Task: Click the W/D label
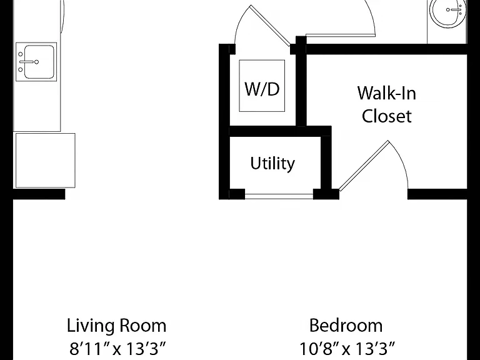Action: (262, 89)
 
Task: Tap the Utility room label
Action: (272, 164)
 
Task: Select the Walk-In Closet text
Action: (387, 104)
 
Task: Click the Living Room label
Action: (117, 326)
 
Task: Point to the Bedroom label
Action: (346, 326)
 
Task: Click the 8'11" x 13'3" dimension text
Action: (117, 348)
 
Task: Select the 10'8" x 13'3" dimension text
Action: (347, 348)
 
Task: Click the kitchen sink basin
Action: (39, 62)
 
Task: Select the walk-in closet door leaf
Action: (364, 166)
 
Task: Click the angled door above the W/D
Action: (270, 26)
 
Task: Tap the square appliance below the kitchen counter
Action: (45, 161)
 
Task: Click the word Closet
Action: (387, 116)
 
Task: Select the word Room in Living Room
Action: (142, 326)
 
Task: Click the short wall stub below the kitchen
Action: (39, 194)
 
